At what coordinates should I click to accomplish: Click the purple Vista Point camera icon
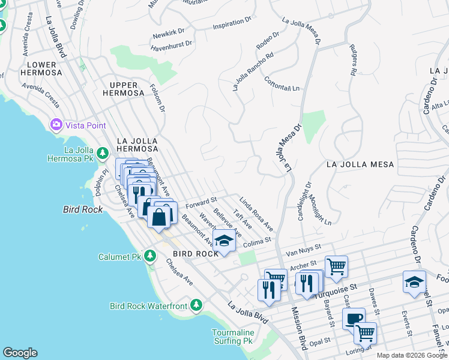(56, 125)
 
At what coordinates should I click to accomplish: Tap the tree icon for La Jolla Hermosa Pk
(103, 154)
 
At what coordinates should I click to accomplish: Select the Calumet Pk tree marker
(151, 257)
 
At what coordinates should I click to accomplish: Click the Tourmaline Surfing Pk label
(233, 337)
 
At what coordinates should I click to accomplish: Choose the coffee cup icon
(354, 319)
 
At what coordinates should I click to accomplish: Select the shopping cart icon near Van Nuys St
(336, 266)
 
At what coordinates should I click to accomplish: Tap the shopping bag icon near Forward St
(159, 215)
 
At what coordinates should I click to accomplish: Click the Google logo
(20, 353)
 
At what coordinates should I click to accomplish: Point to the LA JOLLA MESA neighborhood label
(360, 164)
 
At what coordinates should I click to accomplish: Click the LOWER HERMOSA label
(41, 68)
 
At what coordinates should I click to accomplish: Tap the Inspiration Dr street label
(232, 25)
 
